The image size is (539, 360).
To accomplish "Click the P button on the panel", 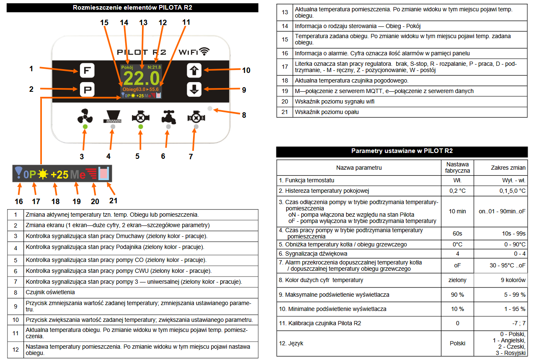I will point(87,89).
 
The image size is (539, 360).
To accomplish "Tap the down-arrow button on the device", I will point(194,89).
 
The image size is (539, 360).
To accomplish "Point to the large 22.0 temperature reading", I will point(142,79).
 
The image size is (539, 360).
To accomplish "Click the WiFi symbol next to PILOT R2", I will point(205,52).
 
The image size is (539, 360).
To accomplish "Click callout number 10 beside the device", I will point(246,70).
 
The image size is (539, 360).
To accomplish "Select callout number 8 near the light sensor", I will point(243,115).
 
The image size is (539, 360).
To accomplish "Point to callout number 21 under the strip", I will point(113,200).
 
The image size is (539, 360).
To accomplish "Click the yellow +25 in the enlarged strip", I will point(59,174).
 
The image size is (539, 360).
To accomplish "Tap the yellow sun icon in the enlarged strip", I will point(44,174).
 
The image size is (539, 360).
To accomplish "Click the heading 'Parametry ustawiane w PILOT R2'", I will point(402,151).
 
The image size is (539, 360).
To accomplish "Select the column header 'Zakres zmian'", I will point(508,168).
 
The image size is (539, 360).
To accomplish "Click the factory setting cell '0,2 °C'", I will point(457,191).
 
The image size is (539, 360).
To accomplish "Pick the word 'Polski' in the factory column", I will point(457,343).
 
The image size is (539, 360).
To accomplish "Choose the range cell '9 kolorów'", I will point(513,280).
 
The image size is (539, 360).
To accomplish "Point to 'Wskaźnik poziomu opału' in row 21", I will point(327,112).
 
